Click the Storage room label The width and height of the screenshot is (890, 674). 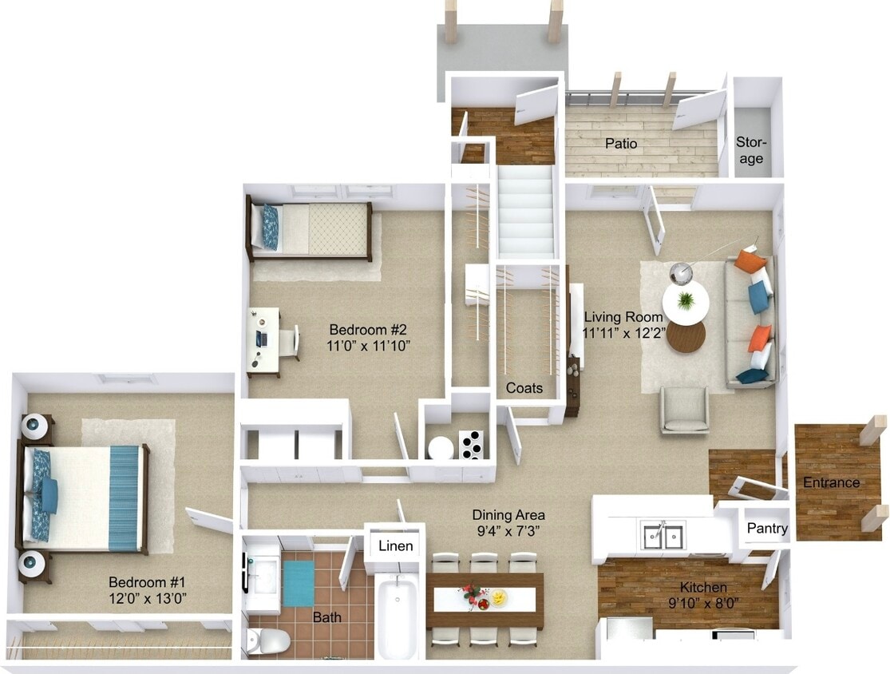tap(750, 150)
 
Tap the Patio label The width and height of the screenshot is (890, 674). tap(620, 144)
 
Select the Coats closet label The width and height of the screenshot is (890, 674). tap(524, 388)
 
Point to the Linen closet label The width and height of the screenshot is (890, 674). tap(395, 546)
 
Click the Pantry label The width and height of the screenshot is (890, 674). tap(767, 528)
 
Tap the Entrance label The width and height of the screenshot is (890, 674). tap(831, 482)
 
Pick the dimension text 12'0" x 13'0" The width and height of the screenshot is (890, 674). tap(148, 597)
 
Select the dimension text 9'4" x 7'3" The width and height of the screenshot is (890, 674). tap(508, 530)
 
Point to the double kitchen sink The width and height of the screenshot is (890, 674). tap(663, 535)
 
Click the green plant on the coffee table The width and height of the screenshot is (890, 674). tap(686, 301)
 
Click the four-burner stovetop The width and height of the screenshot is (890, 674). tap(471, 444)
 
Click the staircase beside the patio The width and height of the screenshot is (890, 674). tap(525, 212)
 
